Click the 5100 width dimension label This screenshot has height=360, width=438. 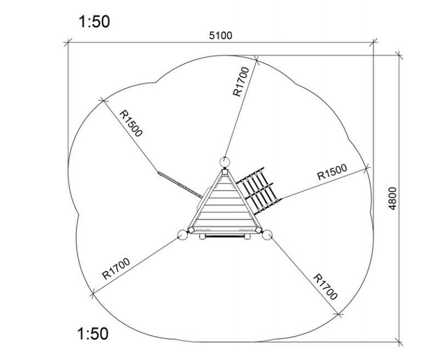pos(220,36)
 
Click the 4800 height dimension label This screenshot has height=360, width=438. pos(392,198)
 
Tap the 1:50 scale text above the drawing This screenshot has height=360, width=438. pos(94,22)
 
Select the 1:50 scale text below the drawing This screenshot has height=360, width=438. pos(93,334)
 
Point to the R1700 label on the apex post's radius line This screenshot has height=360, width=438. pos(241,82)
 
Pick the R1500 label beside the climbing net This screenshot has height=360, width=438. pos(332,172)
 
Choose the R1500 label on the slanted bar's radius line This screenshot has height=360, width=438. pos(131,123)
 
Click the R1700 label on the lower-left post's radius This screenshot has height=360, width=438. pos(116,269)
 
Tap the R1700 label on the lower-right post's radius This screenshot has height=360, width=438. pos(325,287)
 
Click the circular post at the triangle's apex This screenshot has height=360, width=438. pos(225,162)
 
